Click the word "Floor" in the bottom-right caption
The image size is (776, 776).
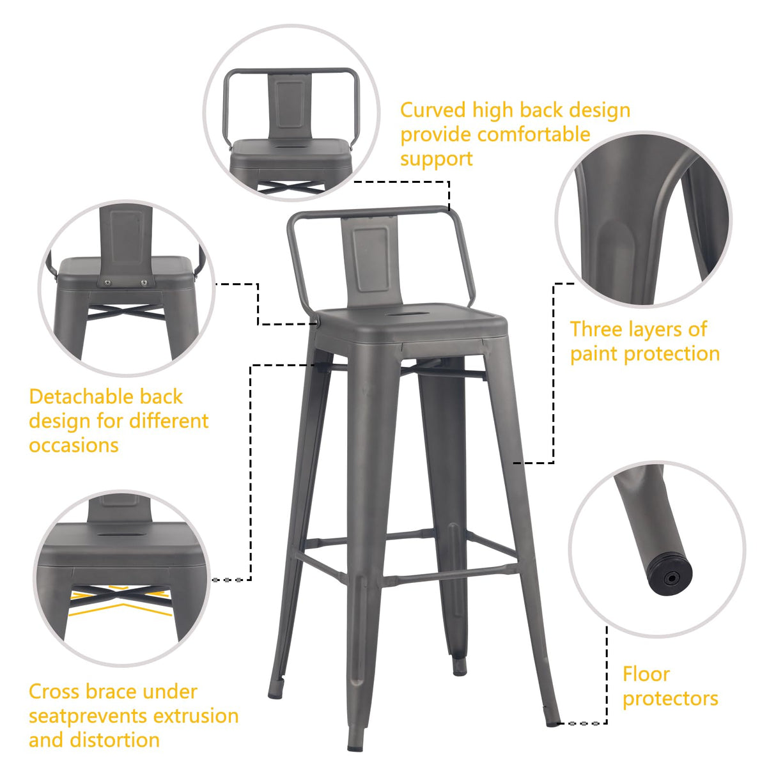pyautogui.click(x=646, y=674)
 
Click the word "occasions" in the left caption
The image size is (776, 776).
pyautogui.click(x=74, y=446)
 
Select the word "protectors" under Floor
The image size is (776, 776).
pyautogui.click(x=670, y=699)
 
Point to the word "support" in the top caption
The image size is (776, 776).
pyautogui.click(x=436, y=159)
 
